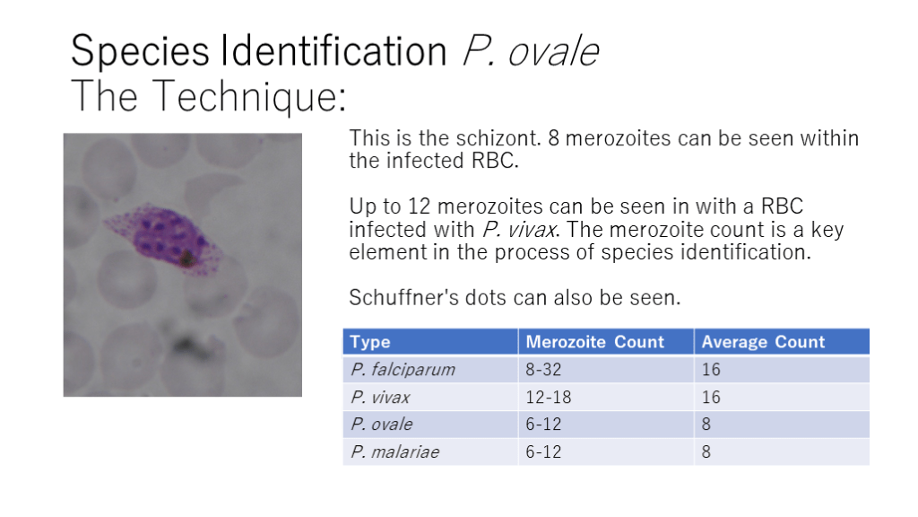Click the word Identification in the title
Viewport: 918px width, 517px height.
pos(333,50)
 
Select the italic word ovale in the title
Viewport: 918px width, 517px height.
pos(553,51)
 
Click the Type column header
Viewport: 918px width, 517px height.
pos(370,342)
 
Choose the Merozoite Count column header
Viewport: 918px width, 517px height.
pos(595,342)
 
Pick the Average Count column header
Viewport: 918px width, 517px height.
pos(763,342)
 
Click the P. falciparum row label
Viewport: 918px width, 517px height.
pos(403,369)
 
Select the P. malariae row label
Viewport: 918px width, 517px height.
pos(395,452)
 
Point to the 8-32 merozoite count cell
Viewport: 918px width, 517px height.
pos(543,369)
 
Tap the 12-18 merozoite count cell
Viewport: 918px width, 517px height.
pos(548,397)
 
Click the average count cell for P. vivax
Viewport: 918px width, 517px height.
pos(711,397)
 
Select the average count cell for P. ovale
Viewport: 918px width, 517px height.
pos(706,424)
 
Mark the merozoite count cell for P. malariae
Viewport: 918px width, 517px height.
pos(543,452)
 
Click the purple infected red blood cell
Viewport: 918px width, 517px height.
pos(165,238)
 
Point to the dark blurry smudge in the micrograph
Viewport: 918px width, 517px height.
pos(191,347)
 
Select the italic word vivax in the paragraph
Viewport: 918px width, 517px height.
pos(532,230)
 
